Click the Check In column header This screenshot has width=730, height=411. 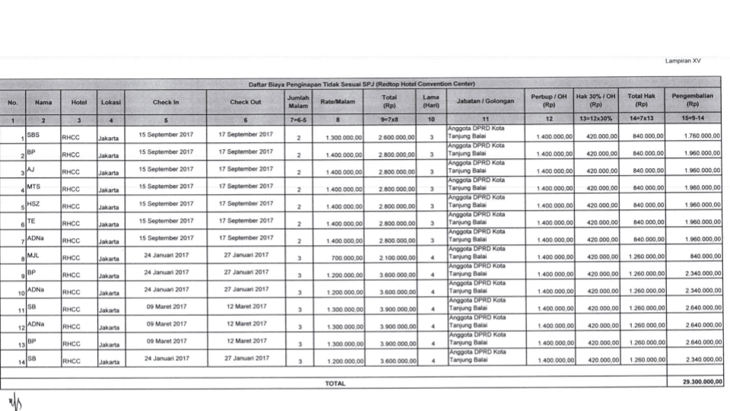[x=166, y=101]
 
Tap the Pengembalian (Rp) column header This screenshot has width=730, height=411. [x=692, y=100]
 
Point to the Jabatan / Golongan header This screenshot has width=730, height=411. [x=485, y=101]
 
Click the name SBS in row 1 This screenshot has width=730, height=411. [x=33, y=133]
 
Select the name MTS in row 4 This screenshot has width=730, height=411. [x=33, y=185]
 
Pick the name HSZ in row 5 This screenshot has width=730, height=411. [x=33, y=202]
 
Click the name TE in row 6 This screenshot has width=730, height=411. [x=31, y=220]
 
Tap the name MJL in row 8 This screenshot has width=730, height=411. [x=33, y=254]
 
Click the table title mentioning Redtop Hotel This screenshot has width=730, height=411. [x=361, y=83]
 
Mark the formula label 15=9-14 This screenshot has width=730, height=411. [x=692, y=119]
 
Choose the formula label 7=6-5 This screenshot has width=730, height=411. [x=298, y=119]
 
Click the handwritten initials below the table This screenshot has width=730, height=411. [x=14, y=400]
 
